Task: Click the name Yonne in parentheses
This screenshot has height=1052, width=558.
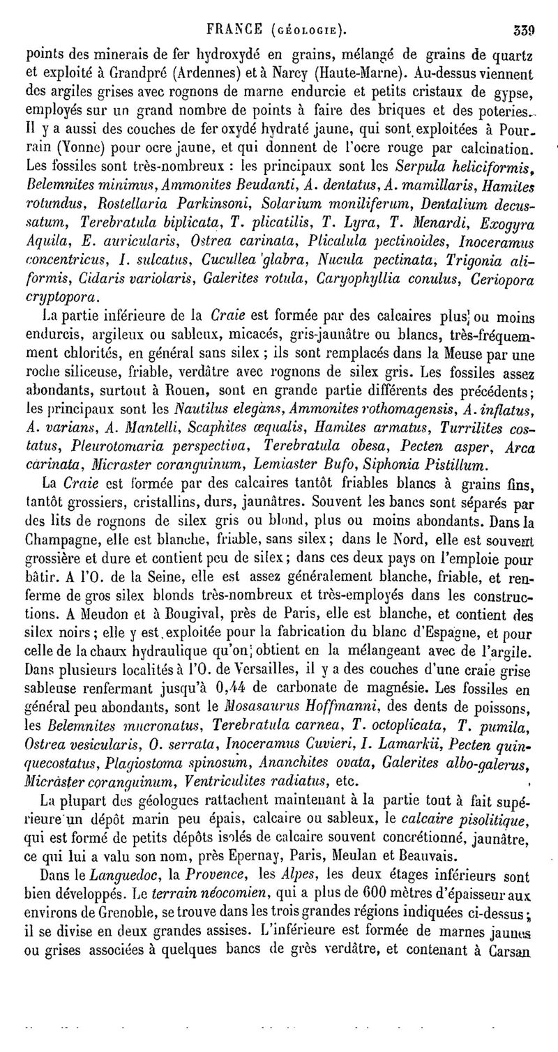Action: pyautogui.click(x=56, y=147)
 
